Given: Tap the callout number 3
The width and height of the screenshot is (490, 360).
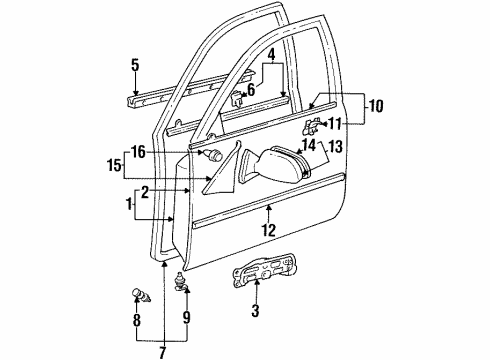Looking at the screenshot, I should [256, 312].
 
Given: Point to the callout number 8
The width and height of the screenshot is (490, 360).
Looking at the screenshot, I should [137, 323].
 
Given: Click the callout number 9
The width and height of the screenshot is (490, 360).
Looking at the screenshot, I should [185, 322].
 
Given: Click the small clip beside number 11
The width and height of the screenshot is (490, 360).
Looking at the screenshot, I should [310, 125].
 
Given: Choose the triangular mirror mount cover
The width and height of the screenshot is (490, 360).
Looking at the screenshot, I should [220, 168].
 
